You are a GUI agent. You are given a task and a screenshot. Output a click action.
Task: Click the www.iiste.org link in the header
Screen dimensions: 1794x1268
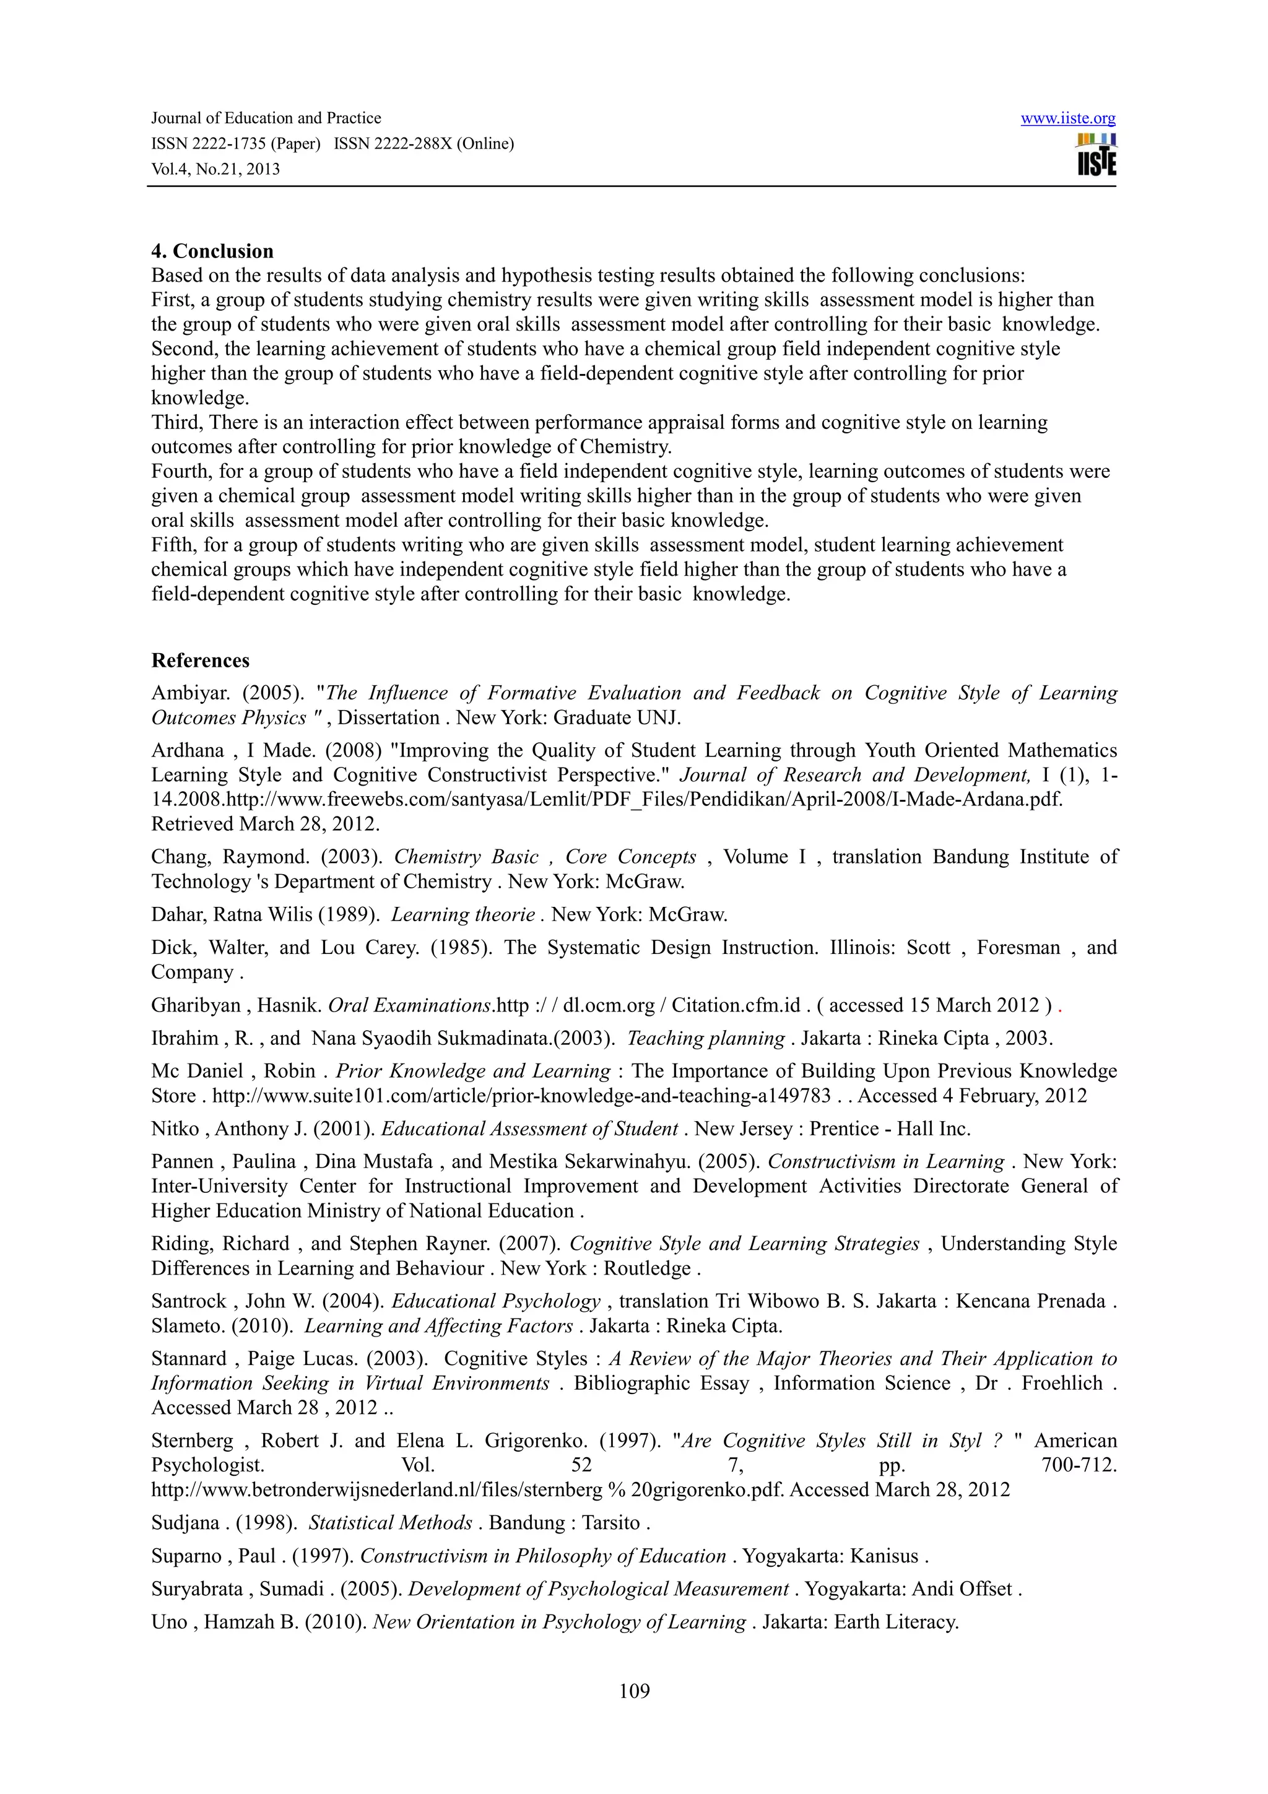[x=1067, y=119]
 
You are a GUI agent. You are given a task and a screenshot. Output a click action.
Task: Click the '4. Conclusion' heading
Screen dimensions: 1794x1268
[x=212, y=251]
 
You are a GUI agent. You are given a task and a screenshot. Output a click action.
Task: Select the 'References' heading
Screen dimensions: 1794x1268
[x=200, y=661]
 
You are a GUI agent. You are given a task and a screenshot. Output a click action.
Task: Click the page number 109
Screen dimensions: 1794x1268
[x=633, y=1691]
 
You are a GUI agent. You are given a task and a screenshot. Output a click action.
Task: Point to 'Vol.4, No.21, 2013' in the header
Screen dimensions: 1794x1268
[x=215, y=170]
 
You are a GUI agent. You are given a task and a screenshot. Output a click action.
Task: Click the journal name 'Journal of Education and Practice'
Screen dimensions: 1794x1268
[x=266, y=118]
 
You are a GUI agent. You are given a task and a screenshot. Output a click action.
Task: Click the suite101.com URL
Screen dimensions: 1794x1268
[x=521, y=1096]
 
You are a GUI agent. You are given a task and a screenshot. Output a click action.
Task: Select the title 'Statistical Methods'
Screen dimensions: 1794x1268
[x=390, y=1522]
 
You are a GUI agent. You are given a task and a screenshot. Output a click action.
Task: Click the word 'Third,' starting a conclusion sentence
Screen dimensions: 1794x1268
[x=176, y=423]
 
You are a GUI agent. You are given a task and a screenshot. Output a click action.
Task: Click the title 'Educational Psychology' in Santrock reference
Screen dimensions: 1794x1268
[x=495, y=1301]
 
